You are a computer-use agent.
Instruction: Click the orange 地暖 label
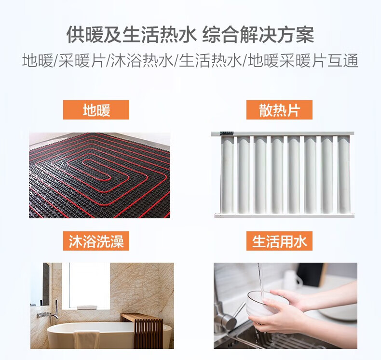[x=96, y=110]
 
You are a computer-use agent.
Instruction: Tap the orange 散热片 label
[x=279, y=110]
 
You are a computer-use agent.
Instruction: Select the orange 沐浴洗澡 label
[x=96, y=241]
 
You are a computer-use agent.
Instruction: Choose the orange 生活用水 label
[x=279, y=241]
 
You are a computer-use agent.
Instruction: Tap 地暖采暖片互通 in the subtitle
[x=303, y=60]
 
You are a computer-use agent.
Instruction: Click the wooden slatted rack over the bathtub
[x=143, y=329]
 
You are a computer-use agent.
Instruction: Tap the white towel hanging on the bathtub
[x=86, y=339]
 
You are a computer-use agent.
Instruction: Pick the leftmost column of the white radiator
[x=227, y=175]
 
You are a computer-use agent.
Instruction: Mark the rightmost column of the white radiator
[x=344, y=175]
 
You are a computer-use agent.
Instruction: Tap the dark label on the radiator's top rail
[x=227, y=133]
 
